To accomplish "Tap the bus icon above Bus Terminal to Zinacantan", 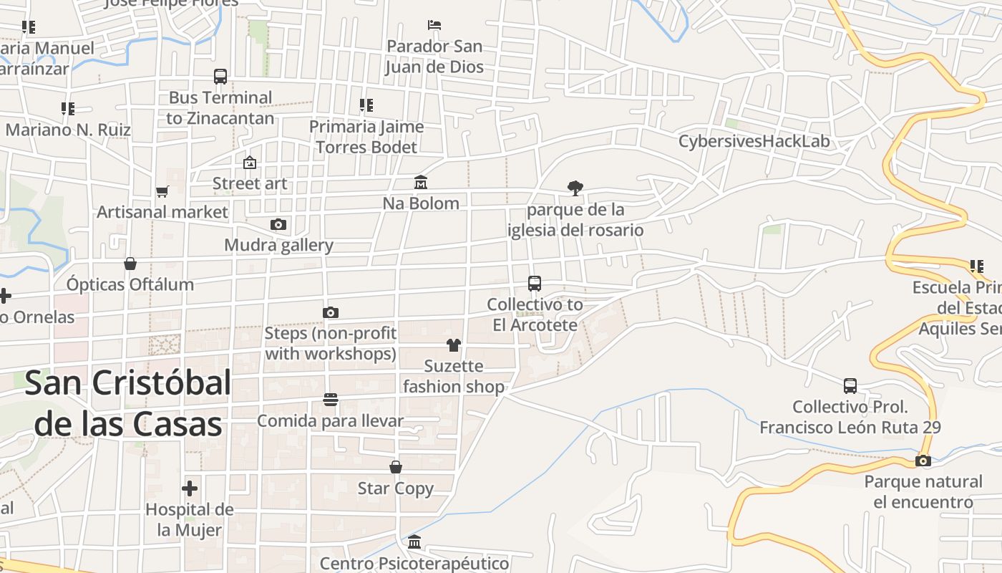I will click(x=220, y=76).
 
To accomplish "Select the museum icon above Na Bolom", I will click(x=421, y=183).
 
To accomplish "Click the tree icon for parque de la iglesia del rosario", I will click(x=575, y=188).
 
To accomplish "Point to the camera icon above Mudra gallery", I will click(x=278, y=224).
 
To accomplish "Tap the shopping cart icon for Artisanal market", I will click(x=162, y=191).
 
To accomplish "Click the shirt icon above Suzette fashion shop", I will click(x=453, y=345).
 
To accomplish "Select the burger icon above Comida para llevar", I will click(x=330, y=399).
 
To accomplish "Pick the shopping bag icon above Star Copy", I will click(x=395, y=467).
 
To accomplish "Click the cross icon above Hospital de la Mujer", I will click(x=190, y=488).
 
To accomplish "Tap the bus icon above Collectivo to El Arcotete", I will click(x=535, y=283).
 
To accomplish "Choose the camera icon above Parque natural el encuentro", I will click(x=923, y=461).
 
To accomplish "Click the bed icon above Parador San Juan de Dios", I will click(x=434, y=25).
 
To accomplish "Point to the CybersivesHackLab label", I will click(x=754, y=141).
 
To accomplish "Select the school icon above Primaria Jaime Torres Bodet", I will click(x=366, y=105).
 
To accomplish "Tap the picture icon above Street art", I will click(x=249, y=163).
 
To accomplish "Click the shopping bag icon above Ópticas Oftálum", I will click(x=130, y=264).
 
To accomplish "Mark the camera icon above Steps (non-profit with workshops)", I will click(x=330, y=312).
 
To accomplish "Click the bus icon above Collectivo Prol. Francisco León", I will click(x=850, y=386).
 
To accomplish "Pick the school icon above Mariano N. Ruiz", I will click(x=68, y=109).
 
